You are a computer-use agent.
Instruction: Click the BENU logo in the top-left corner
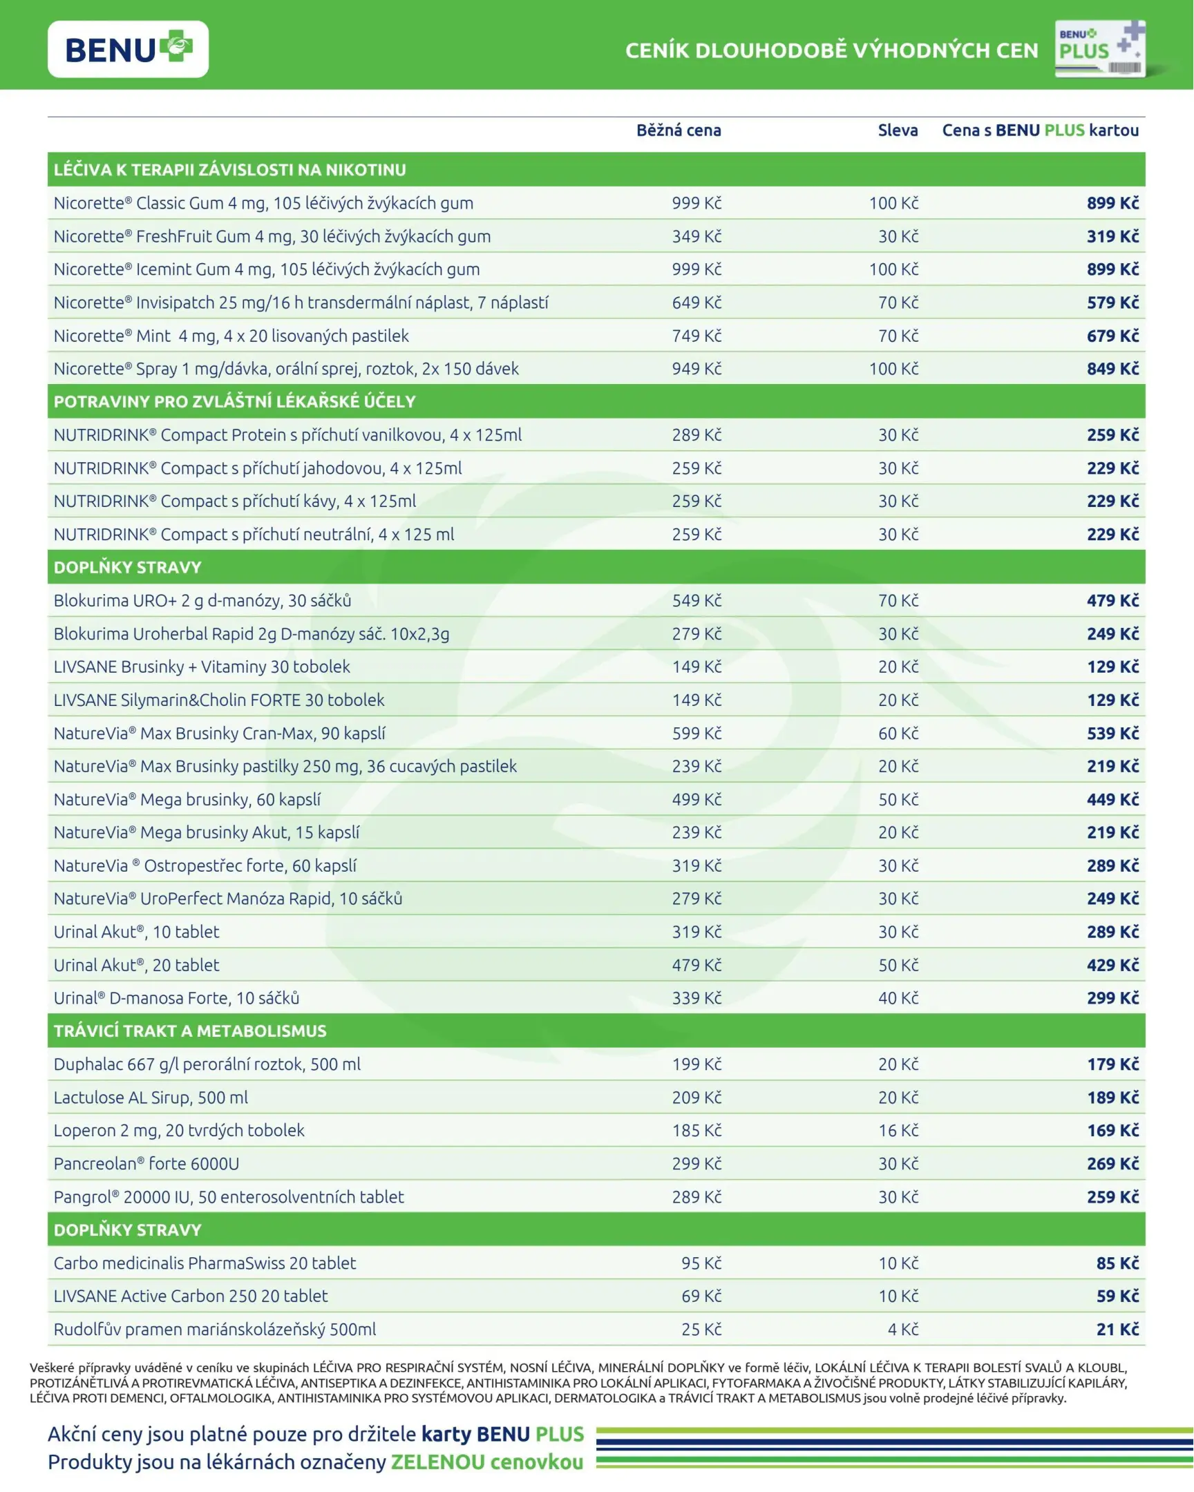[x=128, y=49]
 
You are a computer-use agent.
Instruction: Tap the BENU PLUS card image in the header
[x=1100, y=48]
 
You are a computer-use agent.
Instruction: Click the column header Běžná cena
[x=679, y=130]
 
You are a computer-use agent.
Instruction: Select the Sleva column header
[x=898, y=130]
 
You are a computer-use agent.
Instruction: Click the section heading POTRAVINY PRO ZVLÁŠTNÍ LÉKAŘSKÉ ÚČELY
[x=235, y=401]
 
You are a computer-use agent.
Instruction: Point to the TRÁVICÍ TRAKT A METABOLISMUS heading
[x=190, y=1031]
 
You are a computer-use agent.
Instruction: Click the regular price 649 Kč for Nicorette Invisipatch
[x=696, y=303]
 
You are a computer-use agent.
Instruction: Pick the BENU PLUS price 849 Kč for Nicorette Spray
[x=1112, y=369]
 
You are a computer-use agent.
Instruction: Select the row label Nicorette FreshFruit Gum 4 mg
[x=272, y=237]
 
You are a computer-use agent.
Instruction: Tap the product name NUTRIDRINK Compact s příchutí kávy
[x=235, y=501]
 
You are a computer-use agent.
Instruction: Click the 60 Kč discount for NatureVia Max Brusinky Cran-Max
[x=898, y=733]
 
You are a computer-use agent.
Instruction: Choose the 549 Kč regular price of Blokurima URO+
[x=696, y=601]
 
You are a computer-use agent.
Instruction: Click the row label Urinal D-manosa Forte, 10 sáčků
[x=176, y=998]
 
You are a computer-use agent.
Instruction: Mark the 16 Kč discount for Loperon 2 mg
[x=898, y=1130]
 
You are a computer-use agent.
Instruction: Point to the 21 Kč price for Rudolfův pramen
[x=1117, y=1329]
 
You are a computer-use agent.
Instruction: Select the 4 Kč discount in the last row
[x=902, y=1329]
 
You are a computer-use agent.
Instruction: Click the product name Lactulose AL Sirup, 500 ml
[x=151, y=1097]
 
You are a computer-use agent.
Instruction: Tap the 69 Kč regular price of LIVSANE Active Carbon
[x=701, y=1295]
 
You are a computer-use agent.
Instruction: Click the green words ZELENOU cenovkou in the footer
[x=486, y=1462]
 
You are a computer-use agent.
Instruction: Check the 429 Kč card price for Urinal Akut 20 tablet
[x=1112, y=965]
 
